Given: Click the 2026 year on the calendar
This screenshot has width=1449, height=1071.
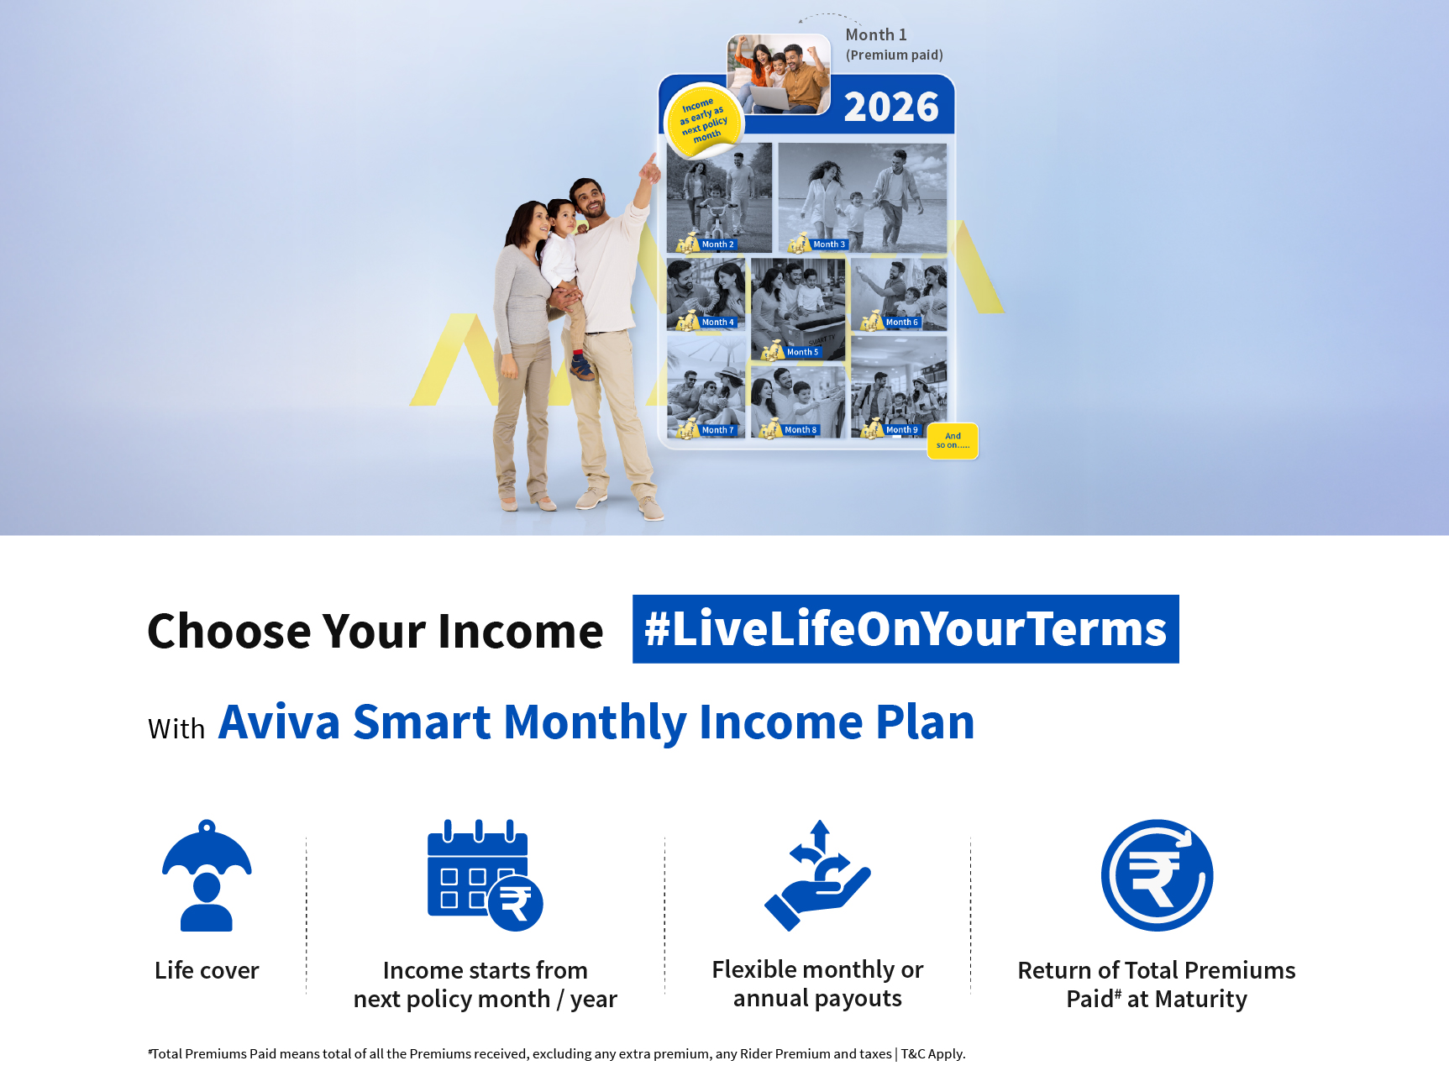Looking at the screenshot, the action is [x=891, y=107].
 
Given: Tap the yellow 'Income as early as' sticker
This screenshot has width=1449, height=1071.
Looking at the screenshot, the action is [x=704, y=121].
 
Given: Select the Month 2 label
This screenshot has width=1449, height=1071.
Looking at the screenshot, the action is [x=717, y=244].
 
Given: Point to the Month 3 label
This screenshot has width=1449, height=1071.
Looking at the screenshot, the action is [x=829, y=244].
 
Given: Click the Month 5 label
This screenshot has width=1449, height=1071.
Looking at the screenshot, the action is [x=802, y=352].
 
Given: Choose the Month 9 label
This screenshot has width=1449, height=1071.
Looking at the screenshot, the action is [x=902, y=429].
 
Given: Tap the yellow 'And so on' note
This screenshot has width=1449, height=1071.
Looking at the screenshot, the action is [x=953, y=441].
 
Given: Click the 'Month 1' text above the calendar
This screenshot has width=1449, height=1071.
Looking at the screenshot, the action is [x=876, y=34].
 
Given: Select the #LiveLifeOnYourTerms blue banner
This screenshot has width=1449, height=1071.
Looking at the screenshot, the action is [x=906, y=629].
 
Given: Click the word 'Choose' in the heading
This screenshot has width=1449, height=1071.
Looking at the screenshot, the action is [x=229, y=631].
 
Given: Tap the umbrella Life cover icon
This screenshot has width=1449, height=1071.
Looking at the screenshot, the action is [x=207, y=875].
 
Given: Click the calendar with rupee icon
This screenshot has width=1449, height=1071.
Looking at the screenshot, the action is [x=486, y=875].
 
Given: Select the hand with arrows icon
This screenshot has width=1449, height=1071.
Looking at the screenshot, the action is [x=817, y=875].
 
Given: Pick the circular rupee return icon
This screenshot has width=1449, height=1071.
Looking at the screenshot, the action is [x=1157, y=875].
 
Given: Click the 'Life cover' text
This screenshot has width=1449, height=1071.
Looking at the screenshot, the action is [x=207, y=970].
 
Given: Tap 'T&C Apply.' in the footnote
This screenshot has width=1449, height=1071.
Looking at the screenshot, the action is [x=933, y=1053].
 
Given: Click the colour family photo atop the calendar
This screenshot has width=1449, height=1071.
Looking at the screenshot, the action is [x=779, y=74].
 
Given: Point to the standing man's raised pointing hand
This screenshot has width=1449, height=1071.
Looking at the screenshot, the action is [x=648, y=168].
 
